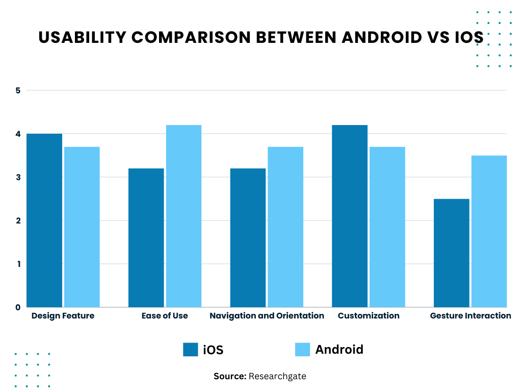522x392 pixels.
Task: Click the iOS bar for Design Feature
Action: (x=44, y=220)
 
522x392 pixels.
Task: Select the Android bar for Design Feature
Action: (x=82, y=227)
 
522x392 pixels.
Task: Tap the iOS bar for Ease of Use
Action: (x=146, y=237)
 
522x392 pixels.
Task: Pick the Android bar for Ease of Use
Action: (x=184, y=216)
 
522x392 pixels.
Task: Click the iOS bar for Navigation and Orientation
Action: (x=248, y=237)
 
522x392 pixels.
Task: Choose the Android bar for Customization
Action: (x=387, y=227)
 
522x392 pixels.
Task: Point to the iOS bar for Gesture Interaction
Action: (x=451, y=253)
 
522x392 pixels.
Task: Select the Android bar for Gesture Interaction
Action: (x=489, y=231)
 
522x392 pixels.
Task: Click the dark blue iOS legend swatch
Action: (x=190, y=350)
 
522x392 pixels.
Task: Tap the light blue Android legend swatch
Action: (x=302, y=350)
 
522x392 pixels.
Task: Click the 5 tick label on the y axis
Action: (x=18, y=91)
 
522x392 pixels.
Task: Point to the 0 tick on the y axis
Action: (x=18, y=307)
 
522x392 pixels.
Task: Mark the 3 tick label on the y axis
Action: (x=18, y=178)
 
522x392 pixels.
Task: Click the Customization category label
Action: (x=369, y=316)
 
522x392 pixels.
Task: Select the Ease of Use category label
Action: (x=165, y=316)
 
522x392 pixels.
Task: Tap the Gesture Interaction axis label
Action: (x=471, y=316)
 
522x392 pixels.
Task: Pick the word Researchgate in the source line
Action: (x=277, y=377)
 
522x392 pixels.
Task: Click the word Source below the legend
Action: (x=229, y=377)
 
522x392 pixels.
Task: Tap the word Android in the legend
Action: (x=339, y=350)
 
